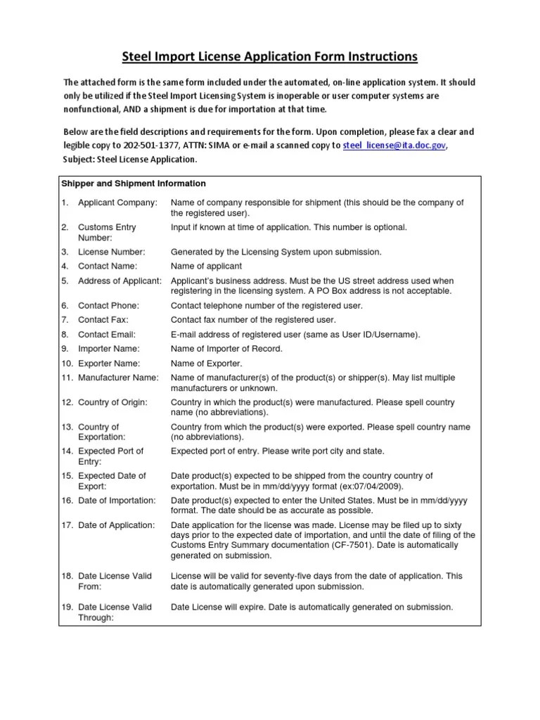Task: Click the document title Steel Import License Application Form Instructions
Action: pos(270,56)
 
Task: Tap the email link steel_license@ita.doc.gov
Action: pos(394,146)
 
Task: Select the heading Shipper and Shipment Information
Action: pos(133,184)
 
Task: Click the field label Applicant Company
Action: pos(117,203)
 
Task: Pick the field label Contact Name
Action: pos(108,266)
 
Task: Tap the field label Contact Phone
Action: pos(108,306)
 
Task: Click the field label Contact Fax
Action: pos(103,320)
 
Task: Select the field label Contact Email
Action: pos(107,335)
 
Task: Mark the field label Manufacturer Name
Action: pos(118,378)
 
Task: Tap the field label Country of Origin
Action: pos(112,402)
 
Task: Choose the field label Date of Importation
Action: pos(117,500)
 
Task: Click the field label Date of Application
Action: pos(116,525)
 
